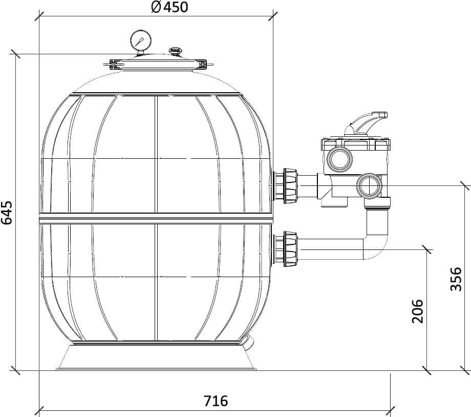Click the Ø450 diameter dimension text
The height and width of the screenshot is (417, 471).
[170, 7]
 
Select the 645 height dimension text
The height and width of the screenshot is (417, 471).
[7, 213]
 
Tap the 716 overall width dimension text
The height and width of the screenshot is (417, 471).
[216, 401]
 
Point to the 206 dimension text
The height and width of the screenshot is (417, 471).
[418, 311]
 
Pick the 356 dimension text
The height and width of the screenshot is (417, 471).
[456, 279]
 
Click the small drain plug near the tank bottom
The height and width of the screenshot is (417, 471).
[248, 343]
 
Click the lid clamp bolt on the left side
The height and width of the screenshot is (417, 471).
[115, 65]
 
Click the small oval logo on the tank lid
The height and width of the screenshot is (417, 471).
[176, 50]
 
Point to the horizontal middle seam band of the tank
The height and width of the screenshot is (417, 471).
[156, 218]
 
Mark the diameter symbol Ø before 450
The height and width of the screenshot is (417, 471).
[157, 7]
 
